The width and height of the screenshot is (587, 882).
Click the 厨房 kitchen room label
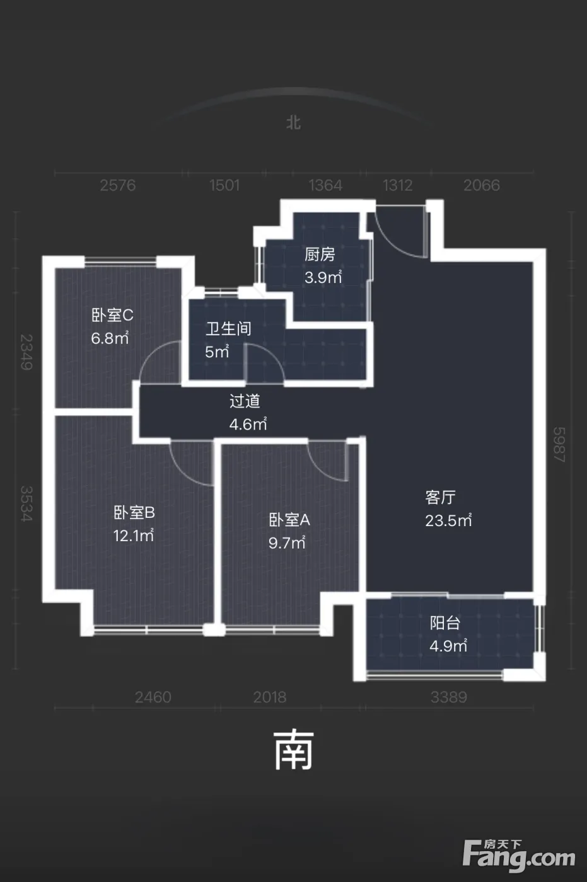tap(320, 255)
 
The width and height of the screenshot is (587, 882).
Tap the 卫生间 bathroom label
tap(228, 328)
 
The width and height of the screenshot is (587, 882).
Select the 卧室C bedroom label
tap(112, 315)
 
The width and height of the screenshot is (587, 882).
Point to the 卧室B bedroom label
tap(134, 512)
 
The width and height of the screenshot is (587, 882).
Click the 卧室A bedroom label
tap(289, 520)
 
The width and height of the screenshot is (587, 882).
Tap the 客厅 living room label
tap(441, 497)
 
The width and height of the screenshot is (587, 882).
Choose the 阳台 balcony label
tap(445, 623)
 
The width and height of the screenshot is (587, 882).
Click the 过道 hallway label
tap(245, 401)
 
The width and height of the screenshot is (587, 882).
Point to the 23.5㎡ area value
tap(448, 520)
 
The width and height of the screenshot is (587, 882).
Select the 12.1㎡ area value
tap(134, 535)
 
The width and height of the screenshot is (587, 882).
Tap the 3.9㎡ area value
tap(323, 278)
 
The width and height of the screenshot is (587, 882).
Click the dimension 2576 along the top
tap(118, 185)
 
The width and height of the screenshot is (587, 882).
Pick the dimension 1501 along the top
tap(224, 185)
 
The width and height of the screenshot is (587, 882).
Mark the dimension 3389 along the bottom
tap(449, 697)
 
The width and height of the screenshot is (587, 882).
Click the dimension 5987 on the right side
tap(559, 445)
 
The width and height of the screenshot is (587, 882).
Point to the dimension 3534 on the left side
tap(26, 503)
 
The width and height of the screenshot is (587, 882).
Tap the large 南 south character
tap(294, 750)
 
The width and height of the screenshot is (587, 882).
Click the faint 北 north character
tap(294, 123)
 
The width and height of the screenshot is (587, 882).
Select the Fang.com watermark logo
tap(520, 859)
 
